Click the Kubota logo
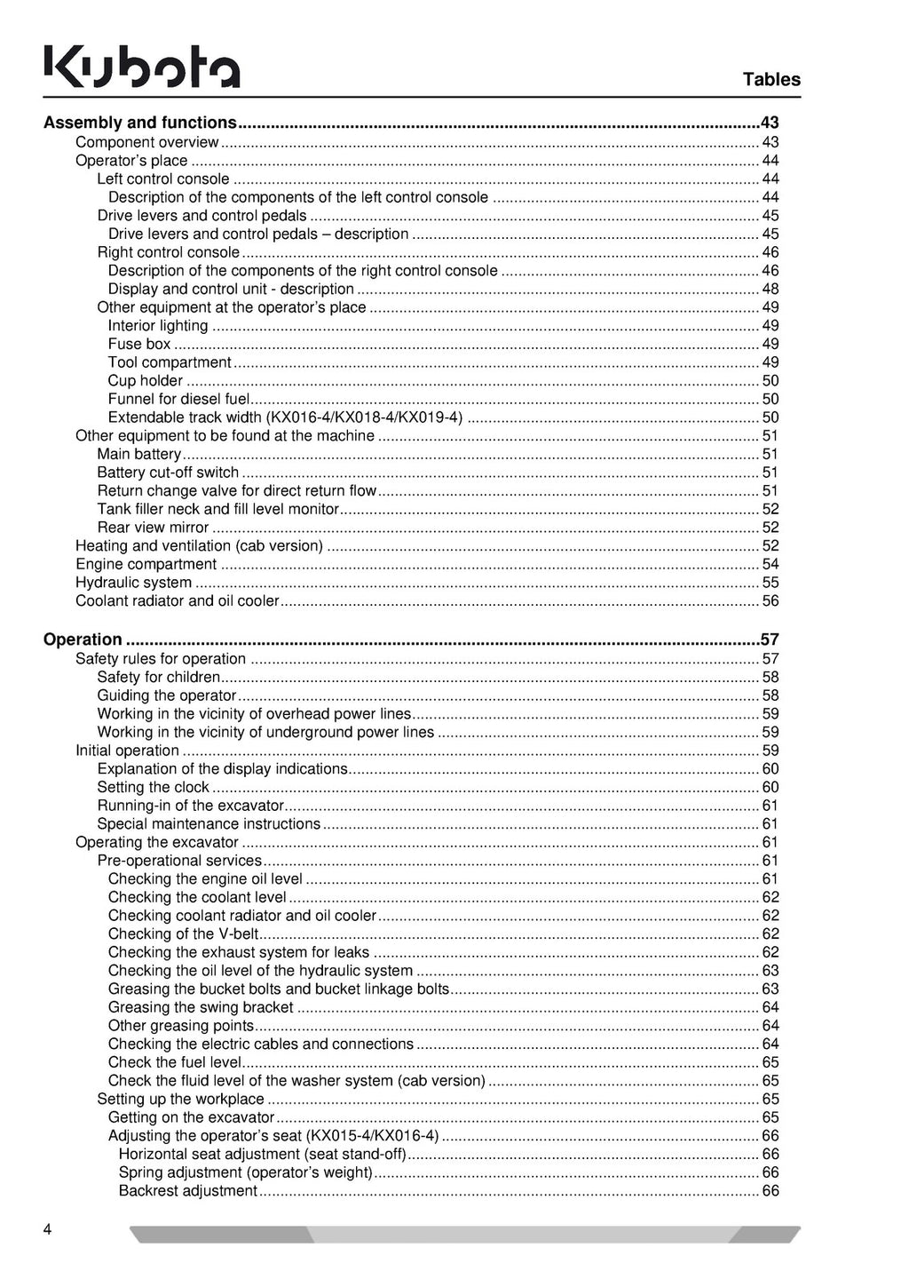click(x=142, y=68)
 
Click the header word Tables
click(x=771, y=80)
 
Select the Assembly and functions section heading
click(x=140, y=123)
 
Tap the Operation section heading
click(x=83, y=640)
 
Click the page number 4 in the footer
click(x=47, y=1229)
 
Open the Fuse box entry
click(x=139, y=344)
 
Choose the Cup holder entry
click(x=146, y=381)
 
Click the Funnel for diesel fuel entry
click(x=178, y=400)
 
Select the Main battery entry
click(x=139, y=455)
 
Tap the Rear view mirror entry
click(x=153, y=528)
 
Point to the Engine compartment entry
click(x=146, y=565)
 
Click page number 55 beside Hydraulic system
click(x=770, y=583)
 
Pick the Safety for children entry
click(x=158, y=678)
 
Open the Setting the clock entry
click(x=153, y=788)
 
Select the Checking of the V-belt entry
click(x=183, y=934)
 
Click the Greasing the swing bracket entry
click(x=201, y=1007)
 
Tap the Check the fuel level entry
click(x=175, y=1062)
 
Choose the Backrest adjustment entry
click(x=188, y=1191)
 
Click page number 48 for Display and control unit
click(x=770, y=290)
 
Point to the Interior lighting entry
click(x=158, y=326)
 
